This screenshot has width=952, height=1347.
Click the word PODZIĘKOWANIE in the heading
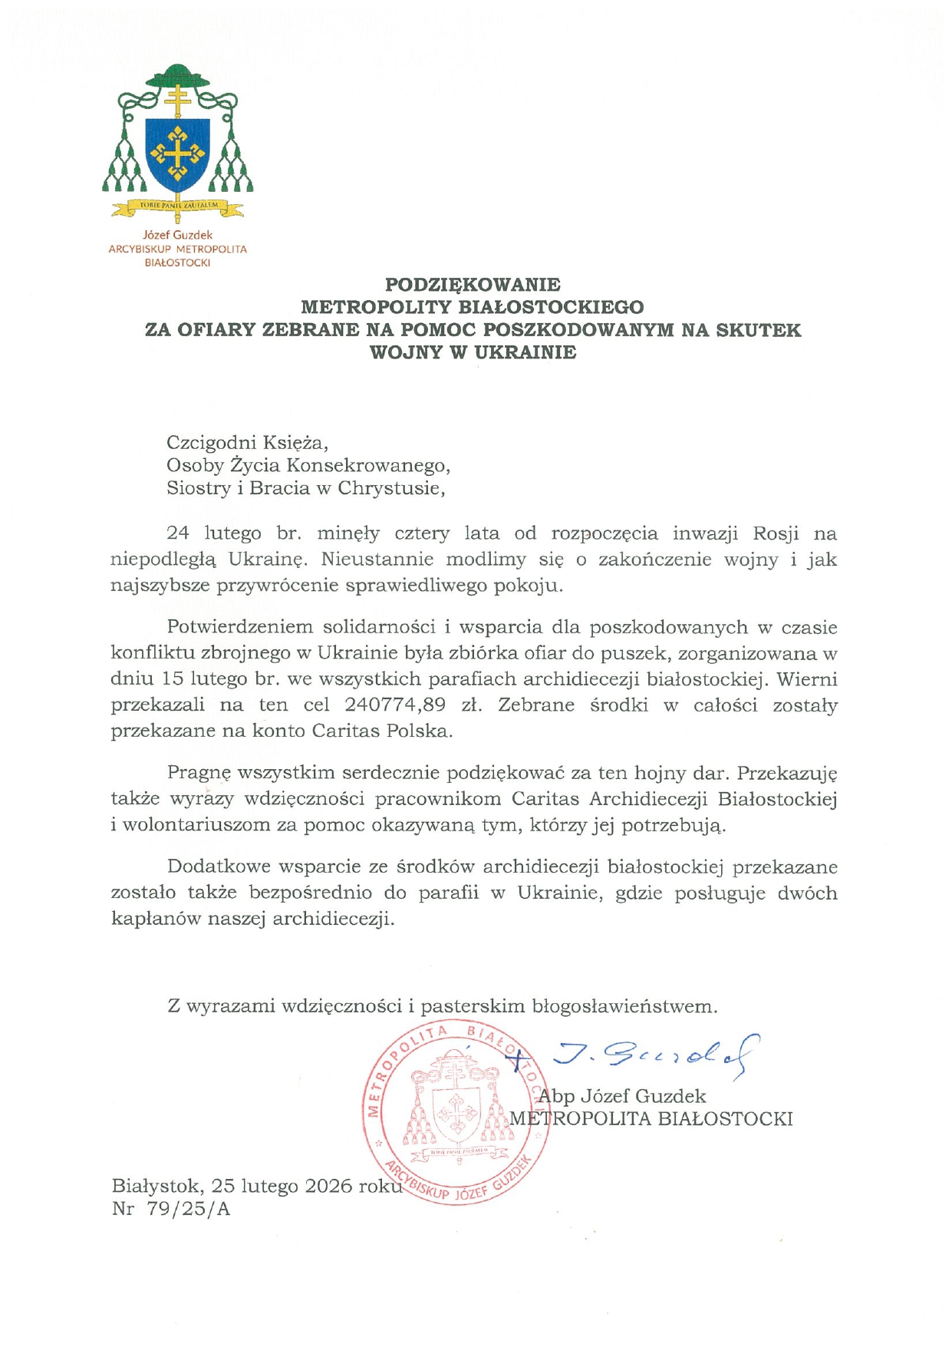click(x=473, y=285)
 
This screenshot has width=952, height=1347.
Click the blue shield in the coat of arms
click(x=178, y=154)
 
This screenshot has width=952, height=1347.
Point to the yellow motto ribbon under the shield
click(x=178, y=206)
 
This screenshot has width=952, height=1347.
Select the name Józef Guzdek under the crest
click(x=178, y=235)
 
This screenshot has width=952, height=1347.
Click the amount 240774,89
click(x=395, y=705)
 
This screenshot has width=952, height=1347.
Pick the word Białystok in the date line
click(x=156, y=1187)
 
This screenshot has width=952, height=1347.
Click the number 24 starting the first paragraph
click(x=178, y=533)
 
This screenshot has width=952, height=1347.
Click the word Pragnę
click(x=199, y=774)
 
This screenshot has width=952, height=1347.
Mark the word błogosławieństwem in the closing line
click(x=624, y=1005)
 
